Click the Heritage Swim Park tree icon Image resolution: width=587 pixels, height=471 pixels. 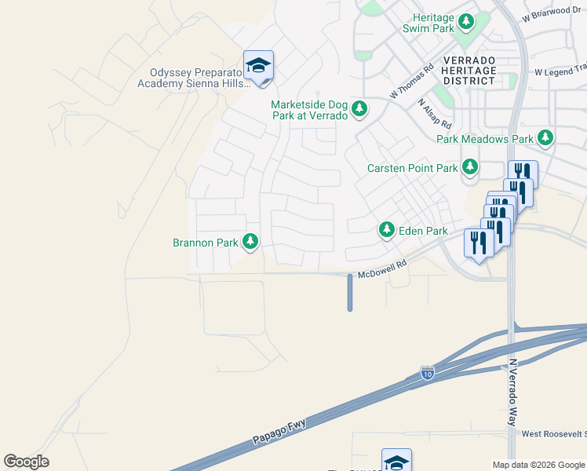[466, 21]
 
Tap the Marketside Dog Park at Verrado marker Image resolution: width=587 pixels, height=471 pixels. [359, 109]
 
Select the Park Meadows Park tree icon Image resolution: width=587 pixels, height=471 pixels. [545, 139]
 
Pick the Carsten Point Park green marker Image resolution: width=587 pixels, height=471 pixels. [469, 167]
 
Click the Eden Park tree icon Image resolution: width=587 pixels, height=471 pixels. [386, 230]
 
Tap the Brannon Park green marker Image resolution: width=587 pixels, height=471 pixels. [250, 242]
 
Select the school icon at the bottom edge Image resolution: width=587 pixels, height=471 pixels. [396, 462]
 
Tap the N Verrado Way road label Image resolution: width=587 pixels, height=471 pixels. [513, 392]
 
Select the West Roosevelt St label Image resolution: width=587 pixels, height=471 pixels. [553, 433]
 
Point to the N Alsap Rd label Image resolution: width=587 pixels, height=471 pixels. [435, 114]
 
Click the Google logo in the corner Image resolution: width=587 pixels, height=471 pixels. [26, 462]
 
